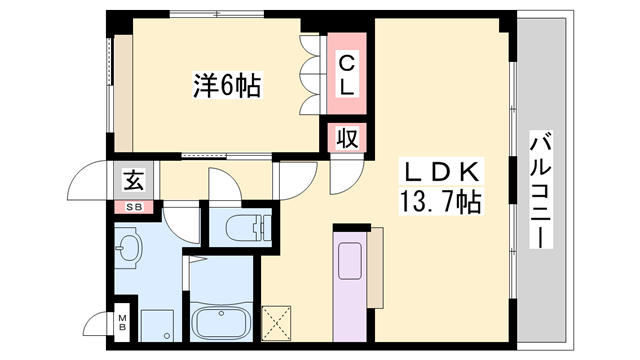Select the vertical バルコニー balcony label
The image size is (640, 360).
[540, 190]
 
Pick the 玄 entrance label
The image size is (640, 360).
[133, 182]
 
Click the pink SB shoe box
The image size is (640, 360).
[132, 207]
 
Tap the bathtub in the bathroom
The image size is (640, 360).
[221, 323]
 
